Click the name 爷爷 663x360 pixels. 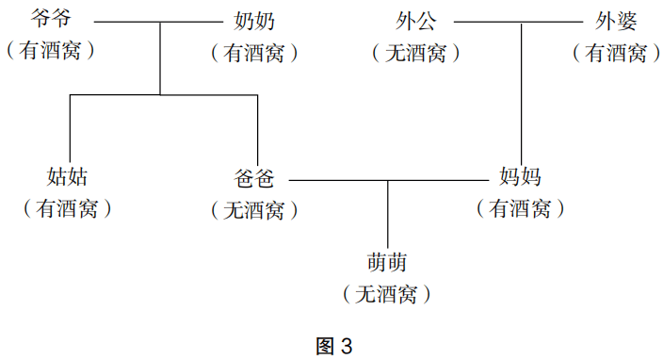[52, 20]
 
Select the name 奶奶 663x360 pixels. [254, 20]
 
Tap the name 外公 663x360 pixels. [416, 20]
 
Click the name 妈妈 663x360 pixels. [520, 176]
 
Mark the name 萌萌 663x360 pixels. [388, 262]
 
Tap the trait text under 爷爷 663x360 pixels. [52, 52]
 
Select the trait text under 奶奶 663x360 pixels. [254, 53]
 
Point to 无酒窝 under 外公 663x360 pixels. [416, 53]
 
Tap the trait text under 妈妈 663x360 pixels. [520, 209]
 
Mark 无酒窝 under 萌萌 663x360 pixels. [388, 295]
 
